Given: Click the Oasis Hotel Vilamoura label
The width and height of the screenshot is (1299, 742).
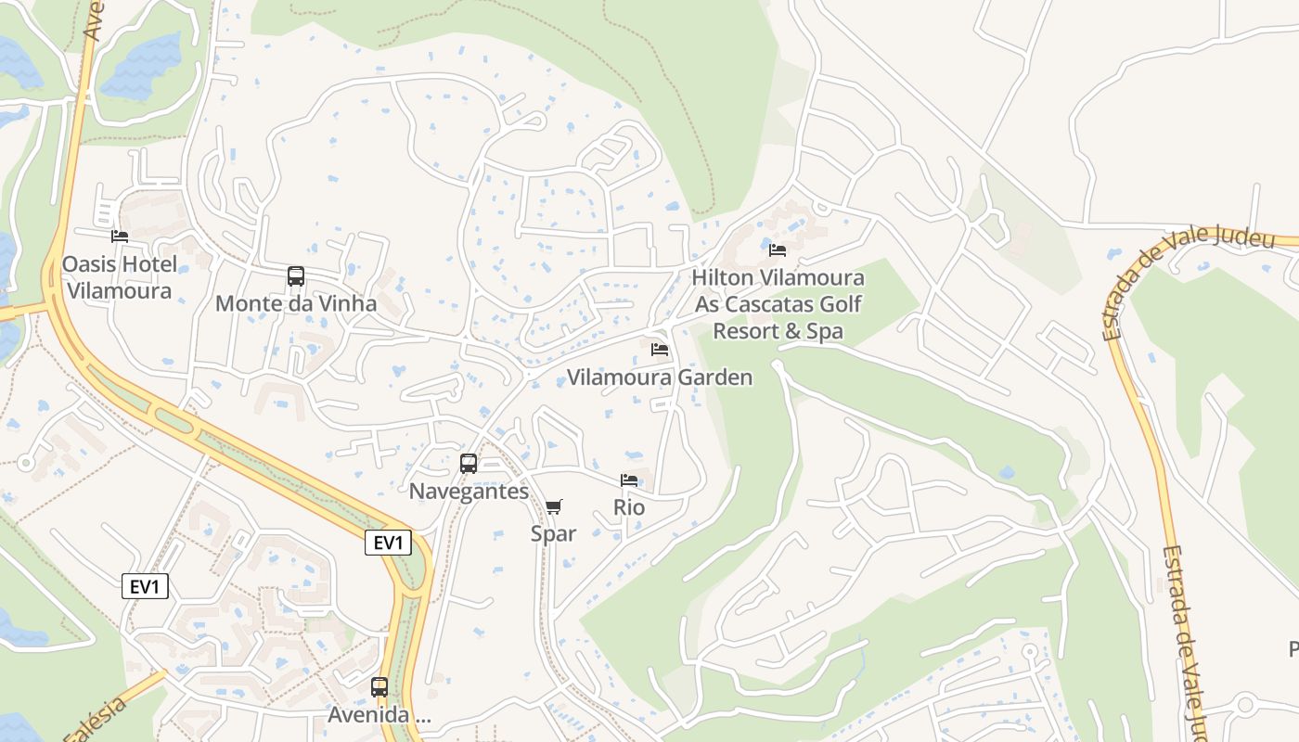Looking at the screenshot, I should coord(119,277).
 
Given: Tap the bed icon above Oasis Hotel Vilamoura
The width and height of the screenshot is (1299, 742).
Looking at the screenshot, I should coord(120,237).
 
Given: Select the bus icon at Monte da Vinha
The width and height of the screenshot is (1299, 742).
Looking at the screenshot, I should coord(296,276).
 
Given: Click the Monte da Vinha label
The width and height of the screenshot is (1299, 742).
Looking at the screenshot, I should coord(296,303).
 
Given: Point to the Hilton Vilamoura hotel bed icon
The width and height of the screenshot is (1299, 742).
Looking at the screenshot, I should coord(778,250).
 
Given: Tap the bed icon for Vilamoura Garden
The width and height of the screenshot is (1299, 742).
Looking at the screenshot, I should coord(660,350).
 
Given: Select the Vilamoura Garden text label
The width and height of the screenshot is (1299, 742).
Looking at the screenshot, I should coord(660,377).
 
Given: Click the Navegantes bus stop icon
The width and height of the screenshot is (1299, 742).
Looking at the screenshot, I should coord(469,464).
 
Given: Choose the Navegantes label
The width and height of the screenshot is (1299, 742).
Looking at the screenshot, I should coord(469,492).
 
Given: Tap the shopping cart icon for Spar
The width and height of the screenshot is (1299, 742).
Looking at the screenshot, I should coord(554,506).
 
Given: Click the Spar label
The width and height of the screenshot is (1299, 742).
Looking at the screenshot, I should coord(554,533).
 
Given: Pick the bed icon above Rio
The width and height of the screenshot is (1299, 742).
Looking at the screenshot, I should coord(629,480).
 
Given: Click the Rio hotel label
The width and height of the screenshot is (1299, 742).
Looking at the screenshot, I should coord(629,507).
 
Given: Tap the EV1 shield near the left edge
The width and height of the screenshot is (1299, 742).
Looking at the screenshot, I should coord(145,586).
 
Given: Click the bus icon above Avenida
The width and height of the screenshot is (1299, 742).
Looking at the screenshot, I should coord(379,687).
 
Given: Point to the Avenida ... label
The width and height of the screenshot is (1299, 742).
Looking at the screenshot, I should coord(379,715).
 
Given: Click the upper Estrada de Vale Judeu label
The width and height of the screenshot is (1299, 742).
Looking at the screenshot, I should coord(1188,278).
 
